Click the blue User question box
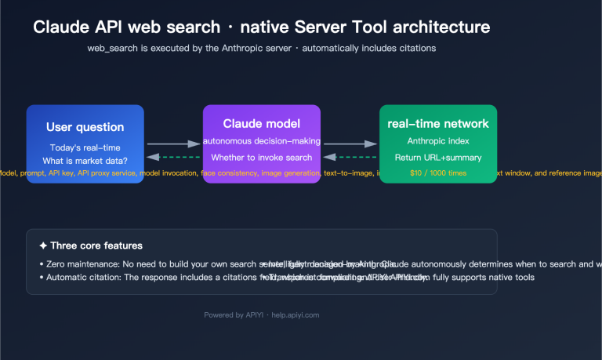coord(85,144)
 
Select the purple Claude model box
coord(261,144)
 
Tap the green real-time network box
coord(438,144)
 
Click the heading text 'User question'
coord(85,127)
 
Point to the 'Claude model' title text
coord(261,124)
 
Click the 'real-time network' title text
coord(438,124)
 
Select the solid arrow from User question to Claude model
coord(173,144)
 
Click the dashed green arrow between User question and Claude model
coord(173,157)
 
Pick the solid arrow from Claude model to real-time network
coord(350,144)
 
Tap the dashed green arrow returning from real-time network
coord(350,157)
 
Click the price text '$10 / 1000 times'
coord(438,173)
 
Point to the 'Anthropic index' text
coord(438,141)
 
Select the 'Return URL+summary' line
coord(438,157)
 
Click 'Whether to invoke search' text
coord(261,157)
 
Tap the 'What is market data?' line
coord(85,161)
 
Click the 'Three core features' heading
coord(90,245)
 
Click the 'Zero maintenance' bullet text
coord(78,264)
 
